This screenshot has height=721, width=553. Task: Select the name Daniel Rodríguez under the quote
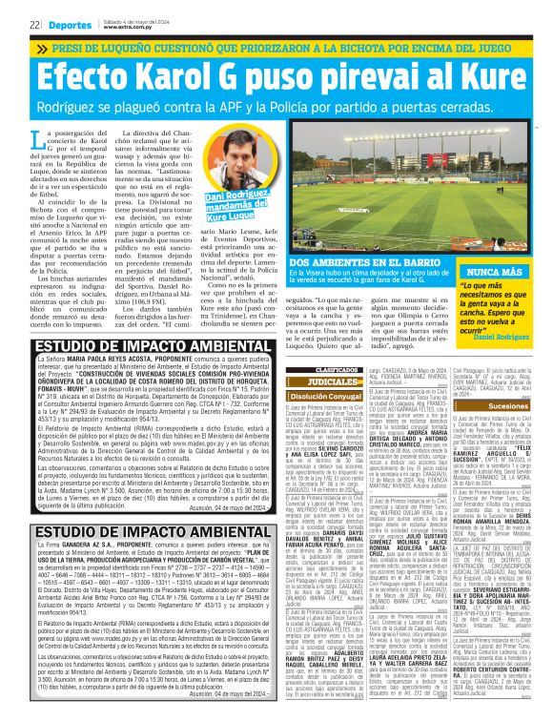coord(502,337)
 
